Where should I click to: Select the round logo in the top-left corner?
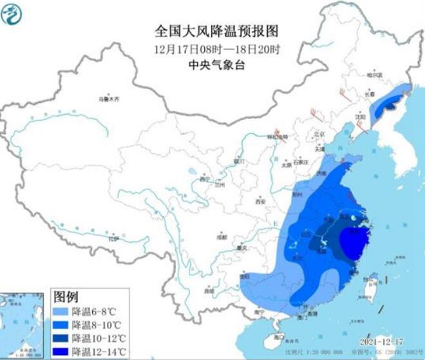[12, 12]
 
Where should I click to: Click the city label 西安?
[260, 202]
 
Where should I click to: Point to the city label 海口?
[278, 337]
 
